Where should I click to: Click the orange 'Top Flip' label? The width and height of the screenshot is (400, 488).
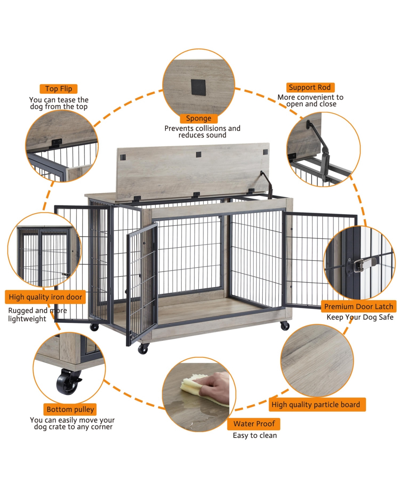(59, 89)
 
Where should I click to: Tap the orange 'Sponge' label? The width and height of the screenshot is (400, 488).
(199, 119)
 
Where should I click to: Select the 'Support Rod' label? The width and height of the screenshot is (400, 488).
(310, 88)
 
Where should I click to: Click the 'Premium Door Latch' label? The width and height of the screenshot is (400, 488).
(358, 307)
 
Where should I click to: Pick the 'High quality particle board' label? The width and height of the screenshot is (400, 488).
(316, 405)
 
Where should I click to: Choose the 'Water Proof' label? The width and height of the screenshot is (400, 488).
(254, 424)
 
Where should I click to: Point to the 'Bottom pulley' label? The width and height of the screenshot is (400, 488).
(70, 409)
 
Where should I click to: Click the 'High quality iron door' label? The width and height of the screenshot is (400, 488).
(45, 297)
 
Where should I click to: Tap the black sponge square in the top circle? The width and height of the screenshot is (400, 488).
(199, 87)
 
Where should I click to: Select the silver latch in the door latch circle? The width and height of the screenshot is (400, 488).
(362, 265)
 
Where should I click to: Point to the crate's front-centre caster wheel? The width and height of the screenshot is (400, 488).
(143, 349)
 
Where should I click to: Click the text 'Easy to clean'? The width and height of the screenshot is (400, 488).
(255, 435)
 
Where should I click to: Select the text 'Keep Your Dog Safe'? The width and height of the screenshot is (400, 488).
(360, 317)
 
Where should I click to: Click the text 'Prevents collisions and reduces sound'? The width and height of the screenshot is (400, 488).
(202, 132)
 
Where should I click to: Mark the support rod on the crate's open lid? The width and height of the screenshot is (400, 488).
(266, 183)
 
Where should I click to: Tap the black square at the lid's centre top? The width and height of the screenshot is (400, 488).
(199, 154)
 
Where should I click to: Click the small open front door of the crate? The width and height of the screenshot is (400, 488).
(142, 283)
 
